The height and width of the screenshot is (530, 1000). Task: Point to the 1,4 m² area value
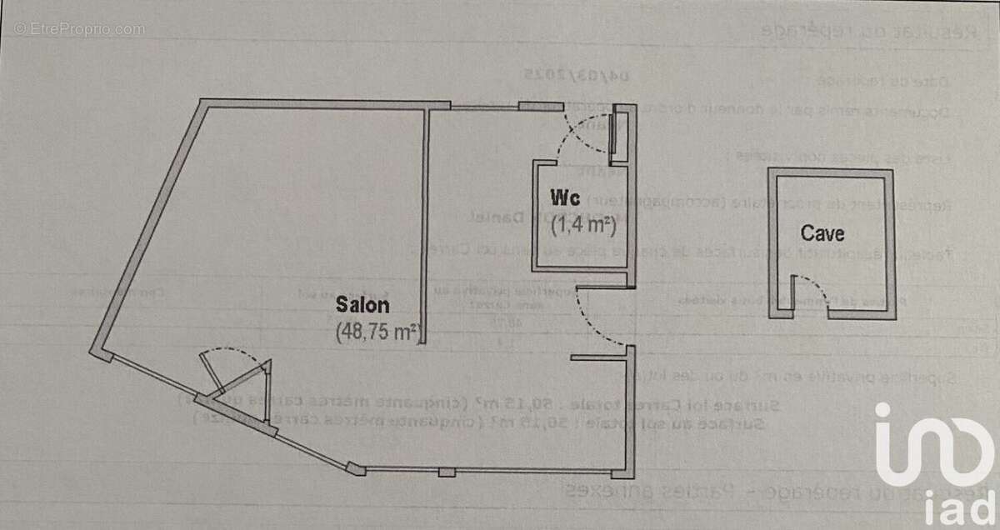(582, 222)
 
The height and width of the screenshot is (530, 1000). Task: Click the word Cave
(822, 232)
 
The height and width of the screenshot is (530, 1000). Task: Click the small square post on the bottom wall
(447, 472)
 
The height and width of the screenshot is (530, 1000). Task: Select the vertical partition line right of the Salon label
(427, 225)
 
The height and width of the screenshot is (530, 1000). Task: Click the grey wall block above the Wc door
(540, 106)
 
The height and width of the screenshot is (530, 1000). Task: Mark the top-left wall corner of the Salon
(202, 102)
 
